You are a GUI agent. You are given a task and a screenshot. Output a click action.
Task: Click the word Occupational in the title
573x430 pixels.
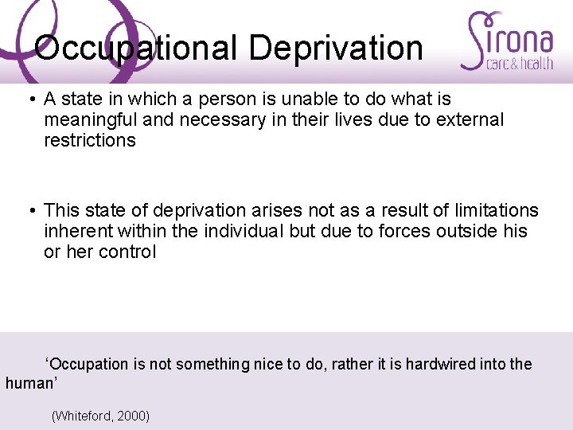[136, 48]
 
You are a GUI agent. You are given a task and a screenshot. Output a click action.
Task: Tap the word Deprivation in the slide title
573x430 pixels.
[335, 48]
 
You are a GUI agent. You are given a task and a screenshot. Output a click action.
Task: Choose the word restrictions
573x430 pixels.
[90, 141]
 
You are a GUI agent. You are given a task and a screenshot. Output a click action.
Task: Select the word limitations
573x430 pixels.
[490, 211]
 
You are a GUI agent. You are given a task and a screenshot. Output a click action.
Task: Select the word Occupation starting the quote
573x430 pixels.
[88, 364]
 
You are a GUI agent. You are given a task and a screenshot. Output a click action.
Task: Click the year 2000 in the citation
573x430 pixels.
[132, 416]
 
